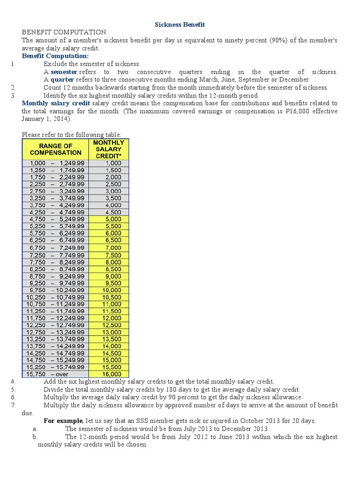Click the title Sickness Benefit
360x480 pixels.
coord(180,24)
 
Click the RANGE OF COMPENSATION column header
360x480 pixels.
coord(55,149)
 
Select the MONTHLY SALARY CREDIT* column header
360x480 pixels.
coord(109,149)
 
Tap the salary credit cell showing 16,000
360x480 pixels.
coord(109,374)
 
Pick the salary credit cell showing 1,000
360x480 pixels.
coord(109,163)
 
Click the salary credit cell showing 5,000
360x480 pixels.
coord(109,219)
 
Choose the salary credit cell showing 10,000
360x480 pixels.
coord(109,290)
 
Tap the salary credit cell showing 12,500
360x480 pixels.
coord(109,325)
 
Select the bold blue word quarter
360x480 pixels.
coord(62,80)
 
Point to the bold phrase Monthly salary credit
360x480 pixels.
coord(56,103)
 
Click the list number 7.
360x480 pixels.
coord(13,405)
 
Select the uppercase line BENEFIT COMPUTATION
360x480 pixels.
coord(64,32)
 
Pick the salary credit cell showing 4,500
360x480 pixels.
coord(109,212)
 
